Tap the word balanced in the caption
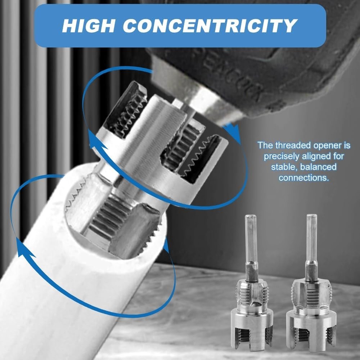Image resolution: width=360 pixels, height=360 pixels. (318, 167)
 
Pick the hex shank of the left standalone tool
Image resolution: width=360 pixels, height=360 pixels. (251, 245)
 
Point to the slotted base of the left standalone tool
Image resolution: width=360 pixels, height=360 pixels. (252, 329)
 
